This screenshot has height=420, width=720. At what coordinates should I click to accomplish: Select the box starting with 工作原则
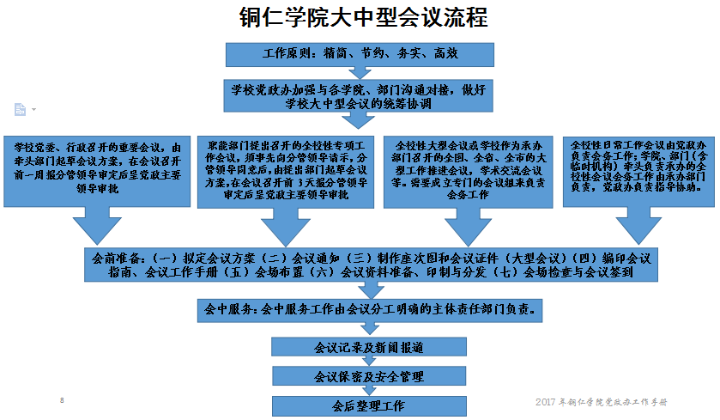(360, 53)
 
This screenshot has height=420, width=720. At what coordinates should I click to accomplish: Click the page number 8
(62, 400)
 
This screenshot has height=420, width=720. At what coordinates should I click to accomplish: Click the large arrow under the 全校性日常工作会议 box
(636, 227)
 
